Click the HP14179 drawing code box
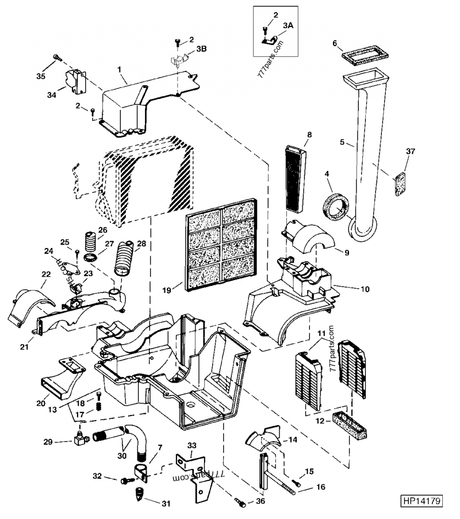coord(421,501)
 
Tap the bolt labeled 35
coord(57,58)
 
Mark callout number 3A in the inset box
coord(288,26)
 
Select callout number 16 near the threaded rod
coord(320,487)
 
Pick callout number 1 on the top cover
coord(120,70)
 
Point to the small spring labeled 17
coord(97,407)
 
